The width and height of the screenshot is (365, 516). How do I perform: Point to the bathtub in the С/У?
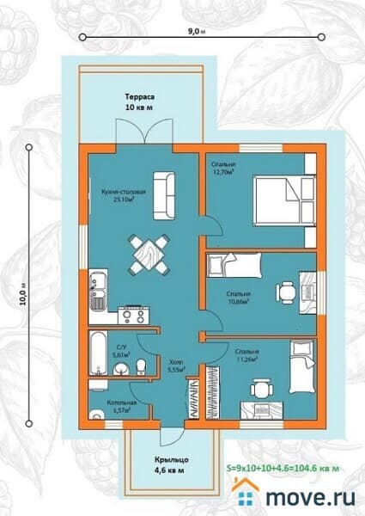(x=96, y=352)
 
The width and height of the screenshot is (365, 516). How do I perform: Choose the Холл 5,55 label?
(x=176, y=365)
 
